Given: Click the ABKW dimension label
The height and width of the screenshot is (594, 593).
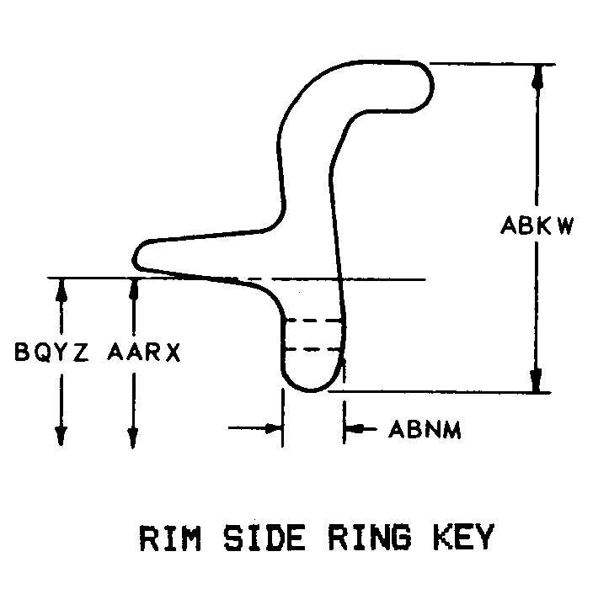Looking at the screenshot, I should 537,225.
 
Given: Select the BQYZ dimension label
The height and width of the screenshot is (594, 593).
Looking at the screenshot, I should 51,352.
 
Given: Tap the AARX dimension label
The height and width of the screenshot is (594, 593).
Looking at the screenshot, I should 144,352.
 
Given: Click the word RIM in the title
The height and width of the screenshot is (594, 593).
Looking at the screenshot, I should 165,538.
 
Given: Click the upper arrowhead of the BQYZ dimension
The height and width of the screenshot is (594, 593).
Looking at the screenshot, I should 61,288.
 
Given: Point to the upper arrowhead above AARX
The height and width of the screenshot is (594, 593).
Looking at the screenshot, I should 132,288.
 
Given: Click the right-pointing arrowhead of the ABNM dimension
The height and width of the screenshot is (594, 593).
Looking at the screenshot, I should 272,428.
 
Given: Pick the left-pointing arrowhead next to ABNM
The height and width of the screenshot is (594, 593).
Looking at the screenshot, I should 354,429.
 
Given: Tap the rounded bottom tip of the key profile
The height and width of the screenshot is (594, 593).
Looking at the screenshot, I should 310,390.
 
